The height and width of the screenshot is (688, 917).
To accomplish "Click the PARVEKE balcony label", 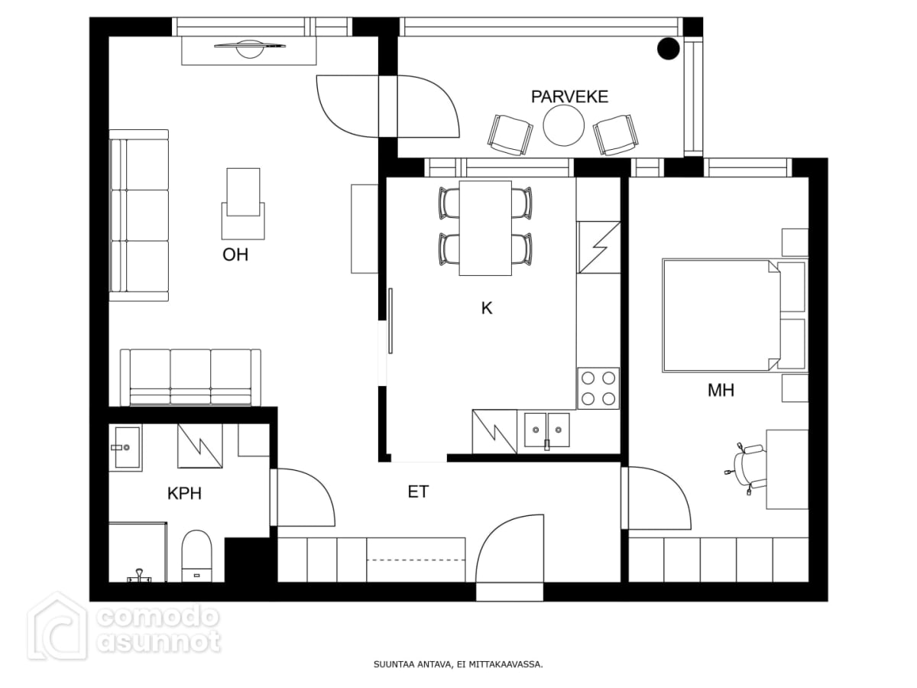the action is click(569, 96).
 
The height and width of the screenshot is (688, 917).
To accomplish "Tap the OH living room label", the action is click(235, 255).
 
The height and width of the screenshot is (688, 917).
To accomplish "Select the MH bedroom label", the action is click(721, 390).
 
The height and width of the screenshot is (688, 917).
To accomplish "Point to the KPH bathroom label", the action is click(184, 493).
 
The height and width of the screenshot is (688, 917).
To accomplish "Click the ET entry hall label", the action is click(418, 492).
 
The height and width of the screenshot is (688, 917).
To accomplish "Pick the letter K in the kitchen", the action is click(486, 308).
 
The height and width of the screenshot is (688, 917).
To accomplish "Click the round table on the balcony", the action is click(563, 125).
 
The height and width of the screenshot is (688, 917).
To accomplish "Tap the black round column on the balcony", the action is click(668, 48).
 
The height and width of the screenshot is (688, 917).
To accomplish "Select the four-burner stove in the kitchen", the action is click(598, 388).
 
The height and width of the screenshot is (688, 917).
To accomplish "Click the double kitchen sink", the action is click(546, 430).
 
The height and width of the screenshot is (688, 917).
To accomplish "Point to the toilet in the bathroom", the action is click(196, 556).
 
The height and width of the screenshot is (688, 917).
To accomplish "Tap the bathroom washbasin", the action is click(125, 447).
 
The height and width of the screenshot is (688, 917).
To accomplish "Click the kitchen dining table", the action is click(485, 228).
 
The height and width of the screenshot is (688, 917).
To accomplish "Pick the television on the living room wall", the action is click(249, 48).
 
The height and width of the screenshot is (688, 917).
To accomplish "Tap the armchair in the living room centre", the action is click(243, 204).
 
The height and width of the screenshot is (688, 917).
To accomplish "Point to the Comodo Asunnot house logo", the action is click(57, 628).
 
